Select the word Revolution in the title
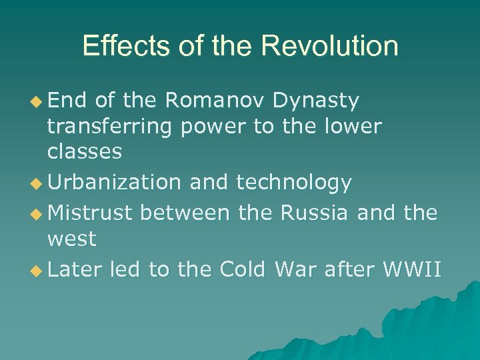(x=330, y=46)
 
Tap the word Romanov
(x=215, y=101)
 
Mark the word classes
(x=85, y=152)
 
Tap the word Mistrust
(x=91, y=213)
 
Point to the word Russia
(x=314, y=213)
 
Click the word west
(x=71, y=238)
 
